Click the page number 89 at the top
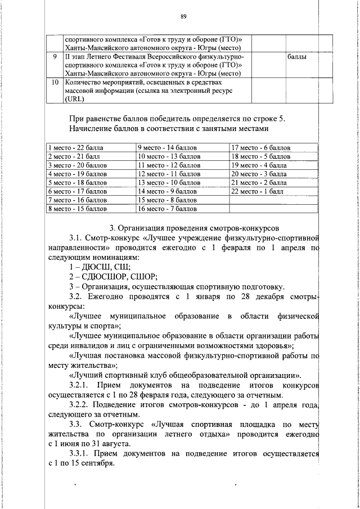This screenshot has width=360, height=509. [183, 17]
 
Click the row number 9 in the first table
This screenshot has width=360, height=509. [54, 57]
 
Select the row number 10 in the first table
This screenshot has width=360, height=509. [54, 82]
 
